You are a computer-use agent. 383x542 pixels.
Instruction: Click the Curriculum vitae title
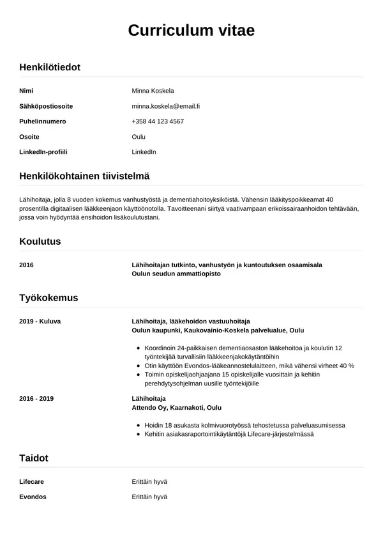tap(191, 30)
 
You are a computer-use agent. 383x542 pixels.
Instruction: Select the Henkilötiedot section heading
tap(50, 66)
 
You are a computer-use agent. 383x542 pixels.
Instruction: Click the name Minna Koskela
tap(153, 91)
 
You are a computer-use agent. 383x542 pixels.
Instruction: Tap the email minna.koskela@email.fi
tap(166, 106)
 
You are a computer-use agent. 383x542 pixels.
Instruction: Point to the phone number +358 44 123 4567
tap(158, 121)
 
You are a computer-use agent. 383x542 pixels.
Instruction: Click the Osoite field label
tap(29, 137)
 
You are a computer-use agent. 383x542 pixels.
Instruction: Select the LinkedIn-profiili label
tap(43, 152)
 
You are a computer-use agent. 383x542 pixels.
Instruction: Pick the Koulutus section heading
tap(40, 242)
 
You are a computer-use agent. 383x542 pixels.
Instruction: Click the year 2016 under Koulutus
tap(27, 265)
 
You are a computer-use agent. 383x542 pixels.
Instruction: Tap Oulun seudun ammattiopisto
tap(176, 274)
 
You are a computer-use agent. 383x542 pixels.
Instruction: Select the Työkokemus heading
tap(49, 298)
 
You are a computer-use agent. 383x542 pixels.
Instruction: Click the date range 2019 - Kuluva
tap(40, 321)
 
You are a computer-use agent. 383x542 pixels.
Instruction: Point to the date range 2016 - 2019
tap(37, 398)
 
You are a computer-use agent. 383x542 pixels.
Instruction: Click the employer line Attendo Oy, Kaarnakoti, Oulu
tap(177, 407)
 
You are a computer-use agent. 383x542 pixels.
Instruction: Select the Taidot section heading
tap(34, 458)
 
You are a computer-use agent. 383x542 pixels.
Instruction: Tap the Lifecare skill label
tap(32, 481)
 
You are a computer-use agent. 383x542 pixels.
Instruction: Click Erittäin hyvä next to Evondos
tap(149, 497)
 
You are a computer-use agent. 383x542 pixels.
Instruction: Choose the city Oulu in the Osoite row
tap(139, 137)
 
